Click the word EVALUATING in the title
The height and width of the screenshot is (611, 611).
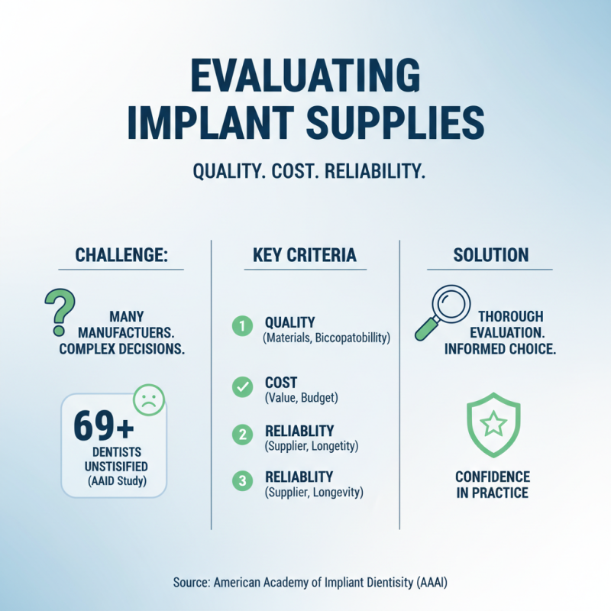point(305,79)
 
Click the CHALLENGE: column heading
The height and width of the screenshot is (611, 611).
point(121,254)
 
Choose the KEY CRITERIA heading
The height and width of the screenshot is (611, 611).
point(305,254)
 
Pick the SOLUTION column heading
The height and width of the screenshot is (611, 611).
point(489,254)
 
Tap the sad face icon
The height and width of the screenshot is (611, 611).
point(148,398)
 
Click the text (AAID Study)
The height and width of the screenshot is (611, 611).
point(114,480)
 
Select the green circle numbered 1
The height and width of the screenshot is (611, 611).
point(241,328)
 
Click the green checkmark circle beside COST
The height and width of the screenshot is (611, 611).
point(241,387)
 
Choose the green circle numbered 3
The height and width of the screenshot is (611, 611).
point(241,481)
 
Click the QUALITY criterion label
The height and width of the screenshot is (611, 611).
point(289,322)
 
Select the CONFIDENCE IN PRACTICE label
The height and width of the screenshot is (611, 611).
point(493,484)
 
